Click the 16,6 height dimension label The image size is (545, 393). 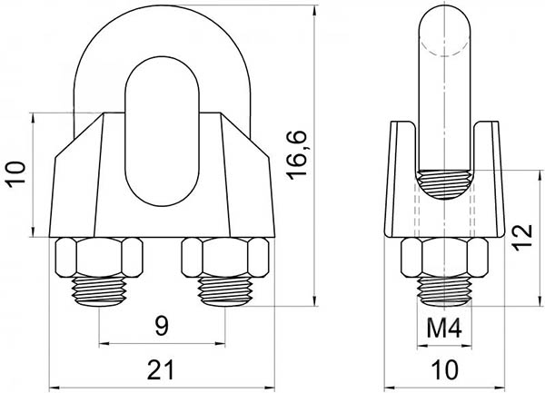pos(297,155)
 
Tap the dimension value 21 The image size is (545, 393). pos(160,369)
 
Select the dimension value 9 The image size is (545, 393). pos(162,327)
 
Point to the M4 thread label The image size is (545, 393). pos(444,329)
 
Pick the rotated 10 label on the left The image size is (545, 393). pos(17,174)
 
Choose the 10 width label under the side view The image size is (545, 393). pos(446,369)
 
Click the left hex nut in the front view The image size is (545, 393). pos(99,257)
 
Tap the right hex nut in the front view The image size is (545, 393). pos(225,257)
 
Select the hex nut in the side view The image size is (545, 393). pos(444,257)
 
